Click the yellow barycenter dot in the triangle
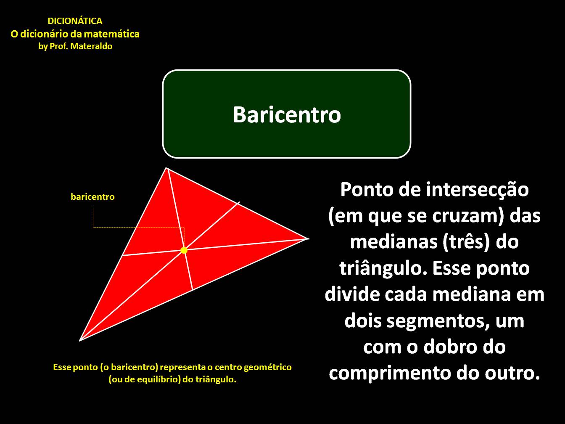click(x=184, y=250)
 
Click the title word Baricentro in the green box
click(x=287, y=114)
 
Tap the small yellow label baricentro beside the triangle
click(x=92, y=197)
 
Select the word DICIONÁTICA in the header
click(x=75, y=21)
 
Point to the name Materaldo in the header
click(x=91, y=46)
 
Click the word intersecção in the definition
click(x=478, y=190)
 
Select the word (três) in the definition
click(x=466, y=242)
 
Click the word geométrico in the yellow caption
click(x=267, y=367)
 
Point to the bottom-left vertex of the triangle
click(x=80, y=340)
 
